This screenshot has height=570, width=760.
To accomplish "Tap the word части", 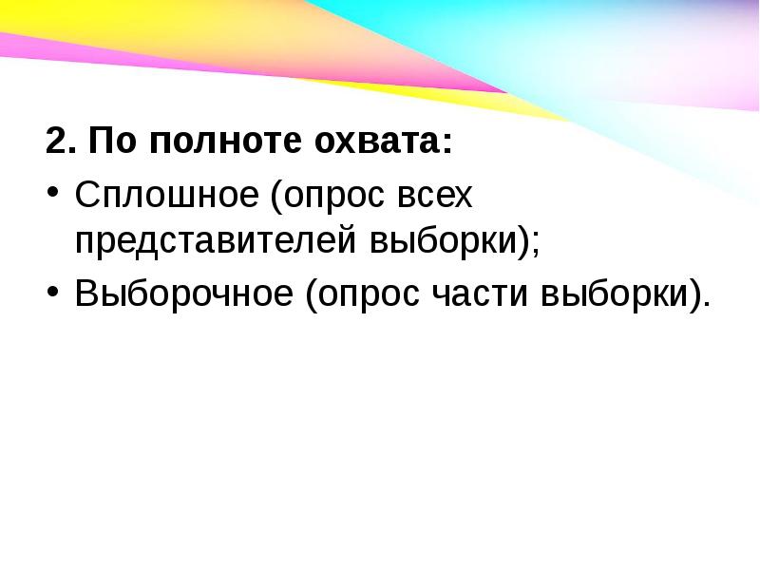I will tap(480, 293).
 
